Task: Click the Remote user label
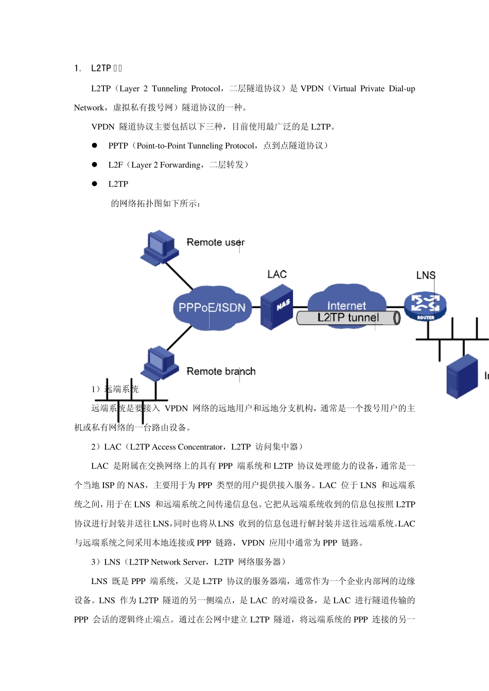pos(215,242)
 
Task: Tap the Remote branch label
pos(221,371)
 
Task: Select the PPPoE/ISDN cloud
pos(212,307)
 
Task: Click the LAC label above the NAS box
pos(277,275)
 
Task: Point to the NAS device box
pos(276,308)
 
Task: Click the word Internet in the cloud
pos(346,305)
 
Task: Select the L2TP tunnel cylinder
pos(348,318)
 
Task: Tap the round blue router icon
pos(425,305)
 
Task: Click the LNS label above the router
pos(426,276)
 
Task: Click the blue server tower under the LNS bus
pos(462,377)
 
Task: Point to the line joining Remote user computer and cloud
pos(179,276)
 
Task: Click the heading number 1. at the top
pos(78,68)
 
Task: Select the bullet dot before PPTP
pos(95,146)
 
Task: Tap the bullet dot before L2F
pos(95,165)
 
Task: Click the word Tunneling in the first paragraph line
pos(169,88)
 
